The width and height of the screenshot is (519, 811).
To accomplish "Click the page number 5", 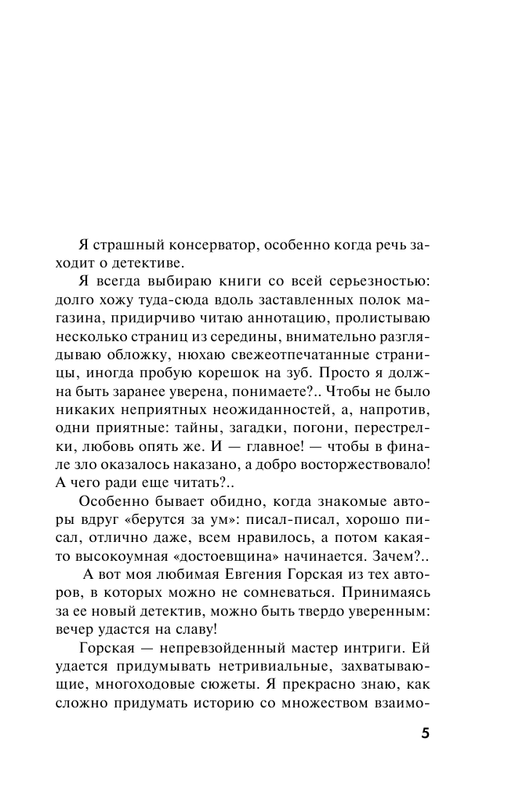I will pyautogui.click(x=425, y=735).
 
